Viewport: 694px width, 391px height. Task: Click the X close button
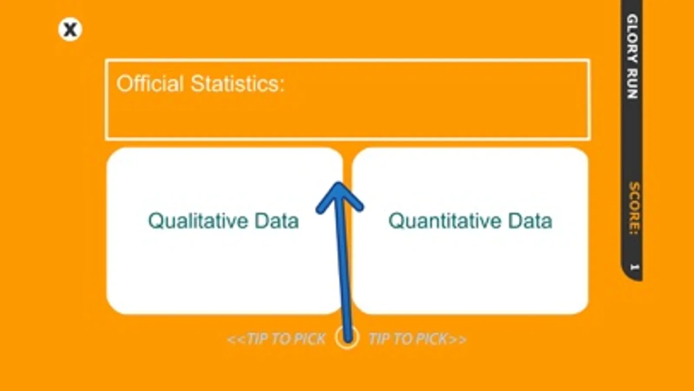[70, 30]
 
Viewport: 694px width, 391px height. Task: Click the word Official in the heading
[150, 83]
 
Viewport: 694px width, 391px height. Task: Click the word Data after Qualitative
[276, 221]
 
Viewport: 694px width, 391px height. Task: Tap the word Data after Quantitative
[530, 221]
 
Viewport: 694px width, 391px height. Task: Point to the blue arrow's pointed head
[339, 182]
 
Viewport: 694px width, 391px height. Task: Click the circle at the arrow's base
[347, 338]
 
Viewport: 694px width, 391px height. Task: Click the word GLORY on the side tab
[632, 39]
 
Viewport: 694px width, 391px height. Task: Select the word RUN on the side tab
[632, 84]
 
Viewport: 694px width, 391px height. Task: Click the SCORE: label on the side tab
[634, 209]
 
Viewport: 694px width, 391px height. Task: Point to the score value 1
[634, 267]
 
